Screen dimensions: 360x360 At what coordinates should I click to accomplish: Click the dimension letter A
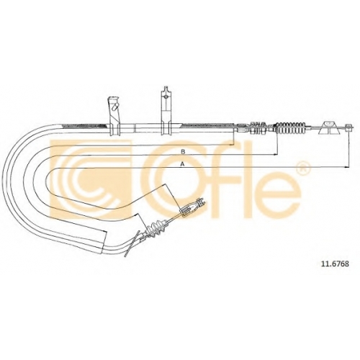point(183,164)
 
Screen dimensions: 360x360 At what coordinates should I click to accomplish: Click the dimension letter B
point(183,152)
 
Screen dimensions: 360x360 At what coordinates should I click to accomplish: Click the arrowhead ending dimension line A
point(346,167)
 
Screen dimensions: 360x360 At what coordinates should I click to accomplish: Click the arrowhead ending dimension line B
point(275,155)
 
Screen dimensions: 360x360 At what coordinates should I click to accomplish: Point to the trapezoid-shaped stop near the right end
point(328,127)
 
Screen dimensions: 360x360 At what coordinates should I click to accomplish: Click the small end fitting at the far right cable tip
point(349,127)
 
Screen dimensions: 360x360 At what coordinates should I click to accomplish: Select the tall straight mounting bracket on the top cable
point(166,111)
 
